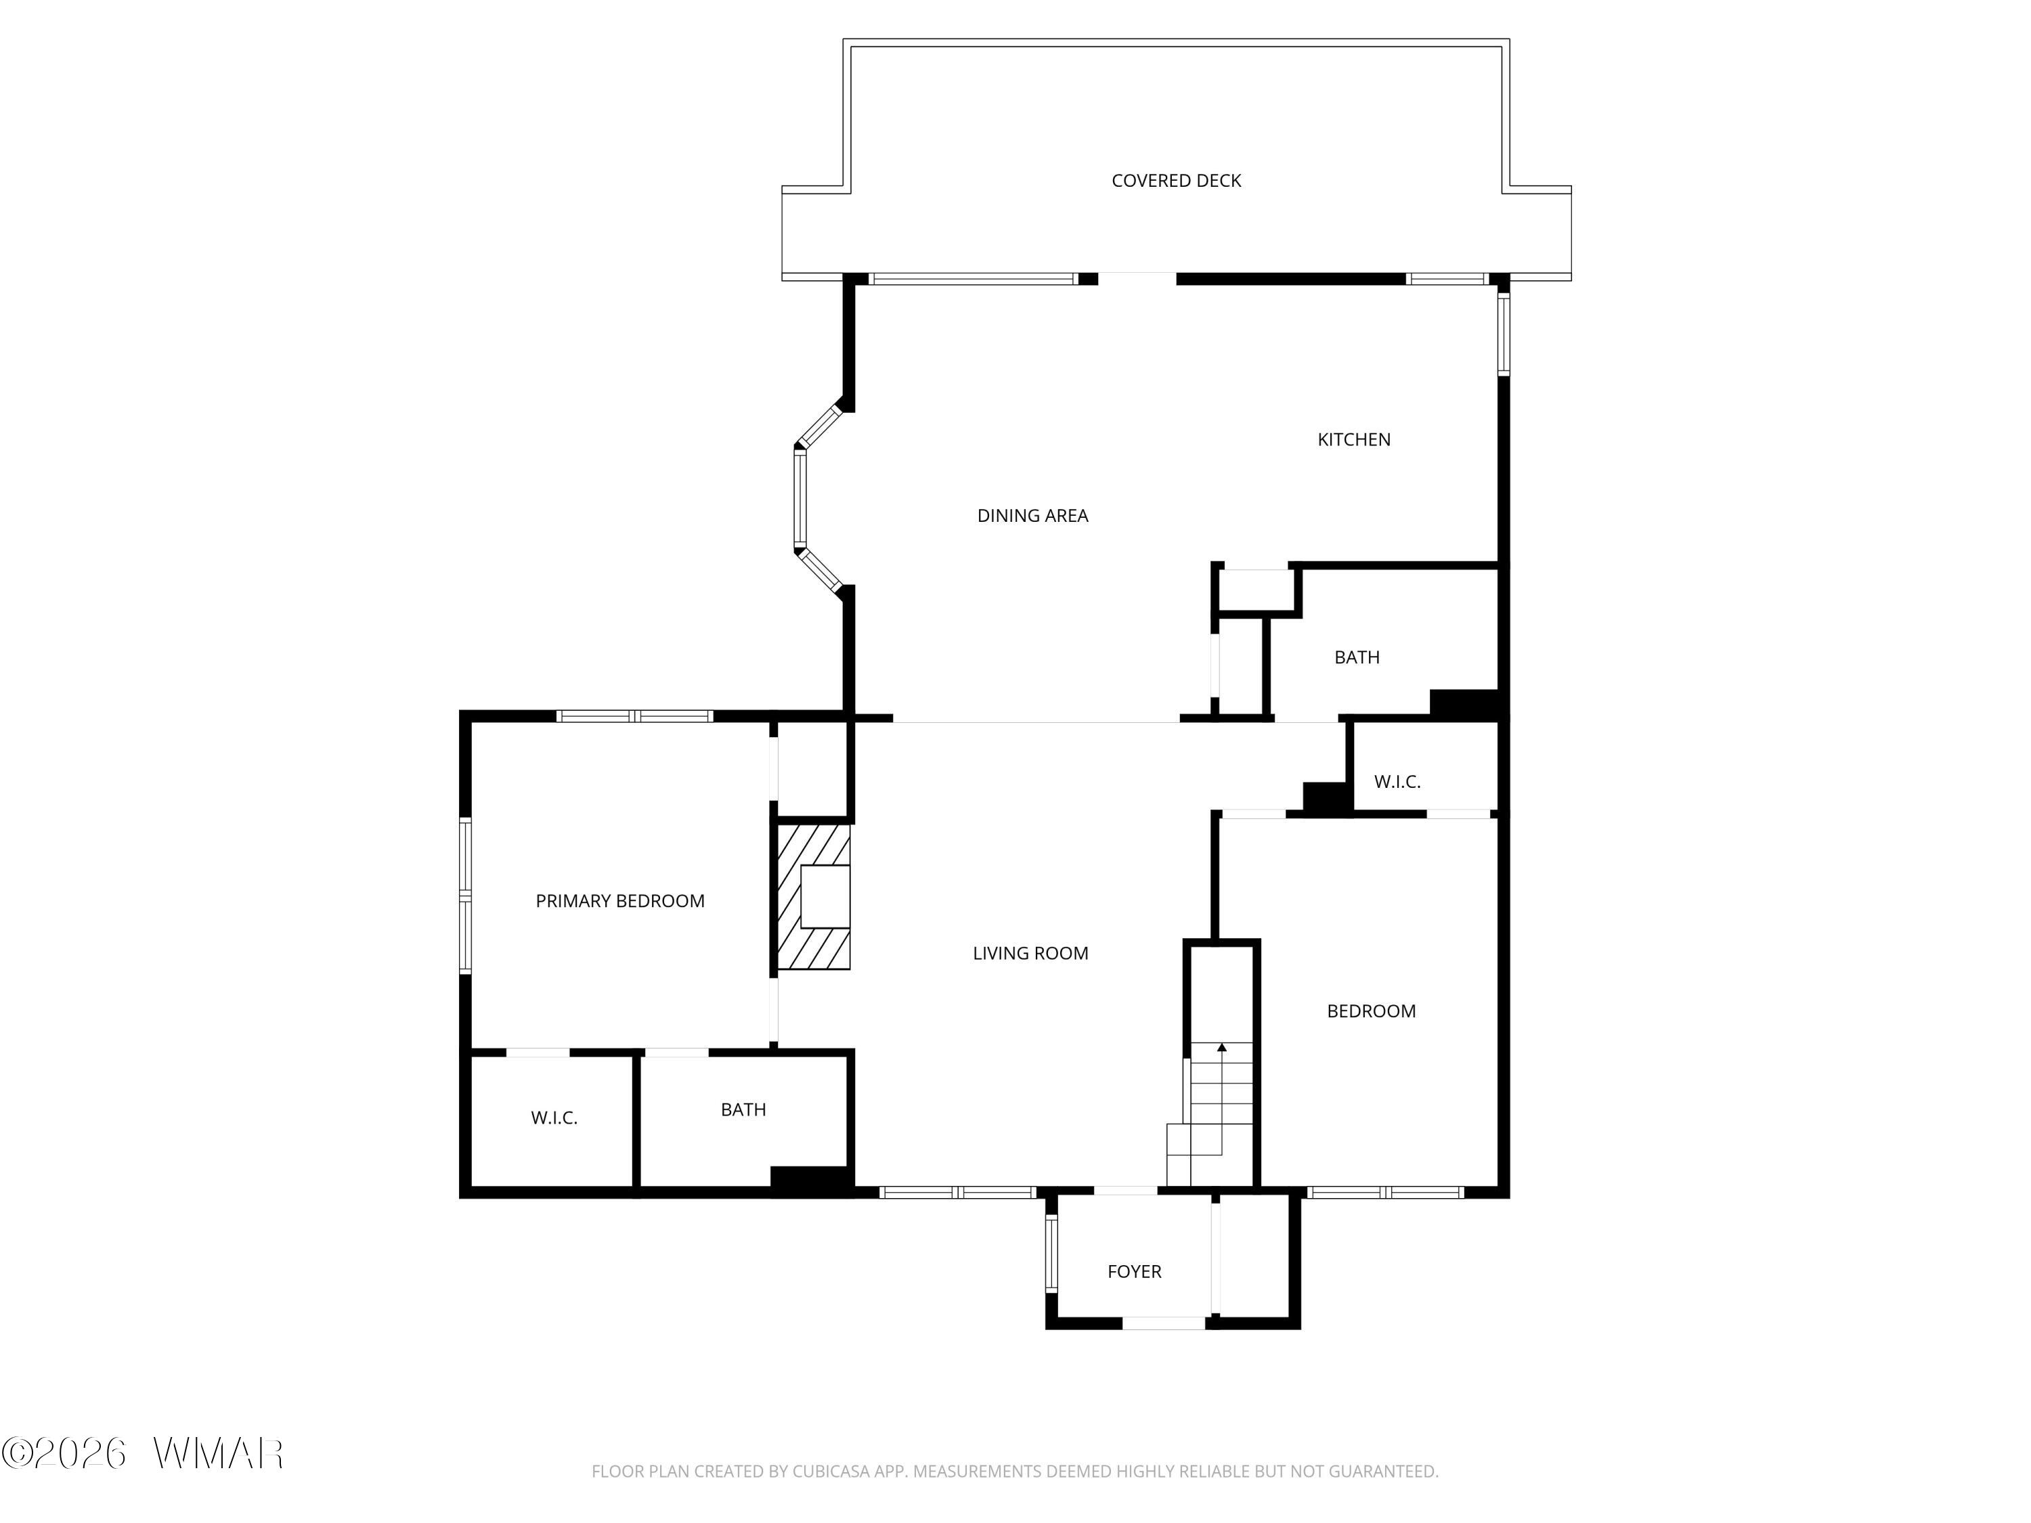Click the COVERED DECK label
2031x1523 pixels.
[1176, 181]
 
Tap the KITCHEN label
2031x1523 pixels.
[1353, 440]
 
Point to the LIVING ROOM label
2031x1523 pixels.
[1030, 954]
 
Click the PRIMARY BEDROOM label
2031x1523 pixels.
[619, 902]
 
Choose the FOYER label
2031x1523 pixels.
[1134, 1271]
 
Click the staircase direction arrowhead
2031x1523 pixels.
[1221, 1046]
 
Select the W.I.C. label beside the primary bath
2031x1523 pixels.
[554, 1118]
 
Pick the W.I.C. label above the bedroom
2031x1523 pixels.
[1397, 782]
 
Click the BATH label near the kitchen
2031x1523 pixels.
[1356, 657]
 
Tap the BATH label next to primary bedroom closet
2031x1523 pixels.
[743, 1110]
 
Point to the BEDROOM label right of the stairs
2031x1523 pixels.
[1371, 1012]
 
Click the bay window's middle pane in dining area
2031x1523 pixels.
[800, 498]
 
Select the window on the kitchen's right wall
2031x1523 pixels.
[1503, 333]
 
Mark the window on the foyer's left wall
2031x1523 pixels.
[1051, 1253]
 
